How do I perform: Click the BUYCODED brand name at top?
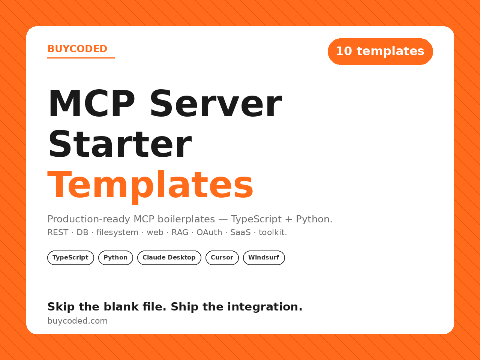point(77,49)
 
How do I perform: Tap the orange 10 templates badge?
point(380,51)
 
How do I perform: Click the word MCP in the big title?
point(91,103)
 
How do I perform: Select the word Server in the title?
point(216,103)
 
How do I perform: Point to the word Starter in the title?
point(120,144)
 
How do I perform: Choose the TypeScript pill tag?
point(70,258)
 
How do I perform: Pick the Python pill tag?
point(115,258)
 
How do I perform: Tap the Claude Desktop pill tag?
point(169,258)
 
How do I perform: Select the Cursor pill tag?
point(222,258)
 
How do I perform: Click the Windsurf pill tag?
point(264,258)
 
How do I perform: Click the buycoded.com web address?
point(77,321)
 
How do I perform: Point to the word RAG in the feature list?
point(180,232)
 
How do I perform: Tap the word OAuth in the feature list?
point(209,232)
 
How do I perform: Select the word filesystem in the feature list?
point(117,232)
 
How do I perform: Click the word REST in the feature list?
point(58,232)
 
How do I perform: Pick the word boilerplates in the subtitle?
point(186,219)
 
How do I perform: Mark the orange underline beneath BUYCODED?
point(81,58)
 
